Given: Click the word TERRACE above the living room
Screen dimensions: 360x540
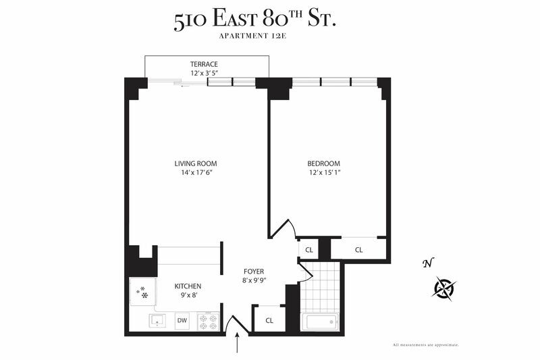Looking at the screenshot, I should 203,64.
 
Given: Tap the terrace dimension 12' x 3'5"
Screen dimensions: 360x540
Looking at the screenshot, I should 203,73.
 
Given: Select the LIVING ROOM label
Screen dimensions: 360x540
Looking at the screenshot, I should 196,163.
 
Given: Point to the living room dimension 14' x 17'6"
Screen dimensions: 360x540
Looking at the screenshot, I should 196,173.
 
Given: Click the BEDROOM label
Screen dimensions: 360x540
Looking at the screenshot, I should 324,163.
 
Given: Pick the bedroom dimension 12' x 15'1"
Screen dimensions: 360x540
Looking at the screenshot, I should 324,173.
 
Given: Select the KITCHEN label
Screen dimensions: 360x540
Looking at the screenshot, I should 188,286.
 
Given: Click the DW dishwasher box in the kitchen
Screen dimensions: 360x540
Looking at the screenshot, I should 182,321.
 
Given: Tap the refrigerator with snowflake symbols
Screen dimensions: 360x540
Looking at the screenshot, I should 143,293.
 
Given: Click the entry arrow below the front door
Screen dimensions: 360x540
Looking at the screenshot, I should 237,344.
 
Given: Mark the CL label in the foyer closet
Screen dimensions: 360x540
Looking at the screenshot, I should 269,320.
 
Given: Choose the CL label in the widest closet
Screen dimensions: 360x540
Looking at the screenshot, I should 359,250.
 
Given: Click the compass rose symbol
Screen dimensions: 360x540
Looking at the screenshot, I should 444,288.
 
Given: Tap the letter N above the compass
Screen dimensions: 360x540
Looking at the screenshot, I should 426,263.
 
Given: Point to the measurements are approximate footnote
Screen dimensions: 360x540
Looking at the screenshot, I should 426,345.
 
